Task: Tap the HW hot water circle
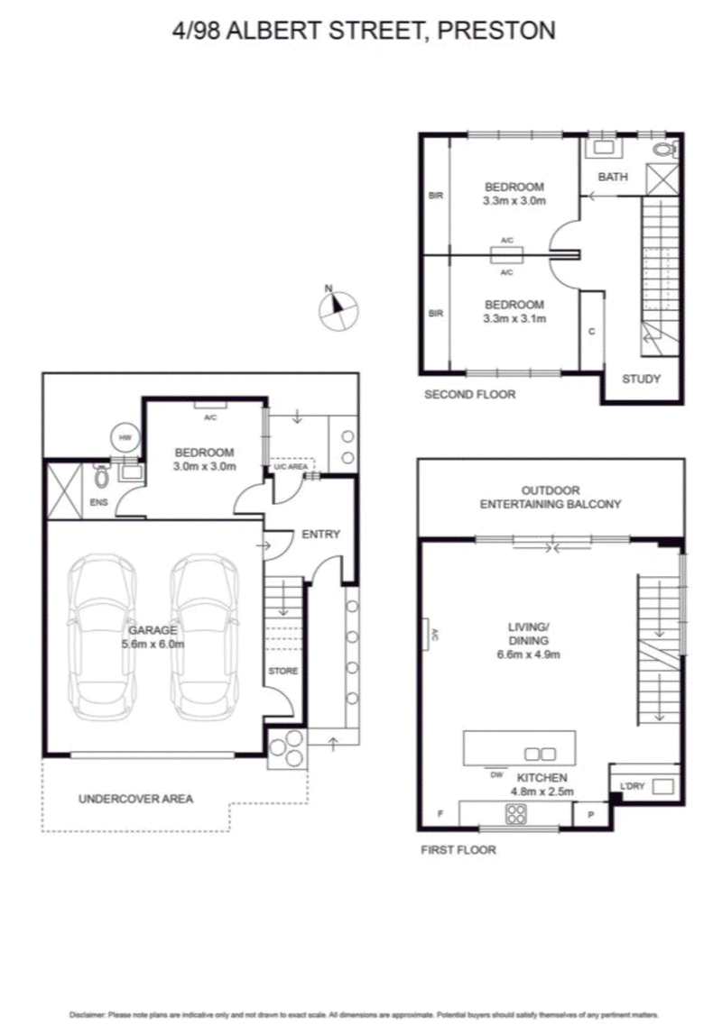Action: tap(122, 437)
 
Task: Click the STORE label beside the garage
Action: tap(282, 671)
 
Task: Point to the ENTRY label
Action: tap(320, 535)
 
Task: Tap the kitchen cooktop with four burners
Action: tap(516, 813)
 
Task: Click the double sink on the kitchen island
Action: tap(540, 753)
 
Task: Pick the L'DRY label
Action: tap(632, 787)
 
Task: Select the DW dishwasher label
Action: tap(495, 774)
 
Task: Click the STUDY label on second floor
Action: tap(642, 379)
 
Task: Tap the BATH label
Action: tap(613, 178)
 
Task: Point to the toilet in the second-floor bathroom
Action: tap(664, 150)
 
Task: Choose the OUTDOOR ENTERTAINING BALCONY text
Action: tap(550, 498)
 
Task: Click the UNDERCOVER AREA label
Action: tap(135, 799)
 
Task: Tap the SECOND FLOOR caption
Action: tap(469, 394)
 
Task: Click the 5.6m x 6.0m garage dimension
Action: tap(154, 645)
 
